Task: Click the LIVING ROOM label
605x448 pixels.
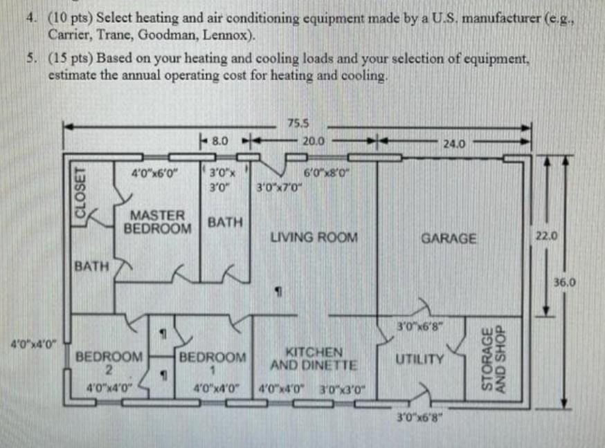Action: pyautogui.click(x=314, y=238)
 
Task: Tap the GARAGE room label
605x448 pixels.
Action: pyautogui.click(x=449, y=239)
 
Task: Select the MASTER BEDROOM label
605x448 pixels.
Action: pyautogui.click(x=158, y=222)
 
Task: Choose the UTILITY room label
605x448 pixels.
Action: pyautogui.click(x=419, y=360)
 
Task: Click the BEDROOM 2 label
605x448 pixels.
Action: pyautogui.click(x=109, y=363)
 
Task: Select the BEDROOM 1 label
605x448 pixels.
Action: pyautogui.click(x=213, y=363)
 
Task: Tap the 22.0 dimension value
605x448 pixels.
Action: pyautogui.click(x=545, y=236)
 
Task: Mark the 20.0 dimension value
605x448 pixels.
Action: pyautogui.click(x=314, y=140)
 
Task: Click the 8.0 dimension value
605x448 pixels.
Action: pyautogui.click(x=220, y=140)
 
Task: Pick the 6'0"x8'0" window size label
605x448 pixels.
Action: pyautogui.click(x=324, y=173)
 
